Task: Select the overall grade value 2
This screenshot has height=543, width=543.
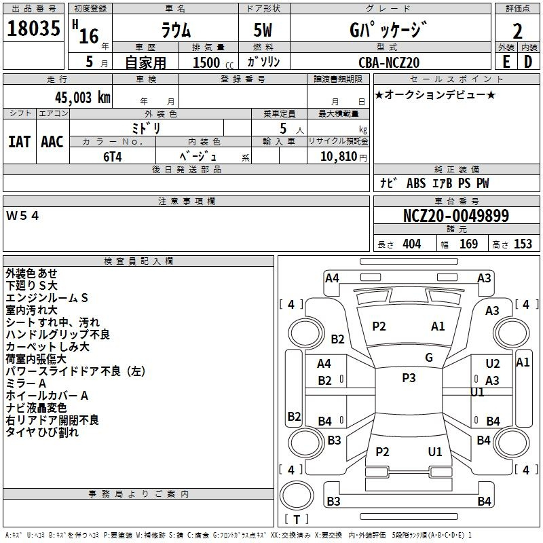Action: [518, 31]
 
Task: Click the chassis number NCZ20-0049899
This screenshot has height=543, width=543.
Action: [455, 216]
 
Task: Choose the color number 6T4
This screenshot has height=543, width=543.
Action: [112, 155]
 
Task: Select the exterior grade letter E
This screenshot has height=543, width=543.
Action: [506, 62]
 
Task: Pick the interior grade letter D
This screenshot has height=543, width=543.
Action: [528, 62]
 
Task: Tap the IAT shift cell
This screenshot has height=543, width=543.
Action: [20, 142]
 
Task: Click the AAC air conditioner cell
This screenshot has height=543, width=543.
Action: [52, 142]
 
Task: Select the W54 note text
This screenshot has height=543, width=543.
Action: [23, 216]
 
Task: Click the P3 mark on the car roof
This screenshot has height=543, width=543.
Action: [409, 378]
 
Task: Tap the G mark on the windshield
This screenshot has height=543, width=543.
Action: [428, 358]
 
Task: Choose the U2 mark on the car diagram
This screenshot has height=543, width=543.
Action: [493, 364]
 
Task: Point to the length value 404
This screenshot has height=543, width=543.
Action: [412, 244]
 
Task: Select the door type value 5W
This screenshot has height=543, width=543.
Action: [264, 31]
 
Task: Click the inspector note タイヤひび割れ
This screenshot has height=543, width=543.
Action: [42, 432]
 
